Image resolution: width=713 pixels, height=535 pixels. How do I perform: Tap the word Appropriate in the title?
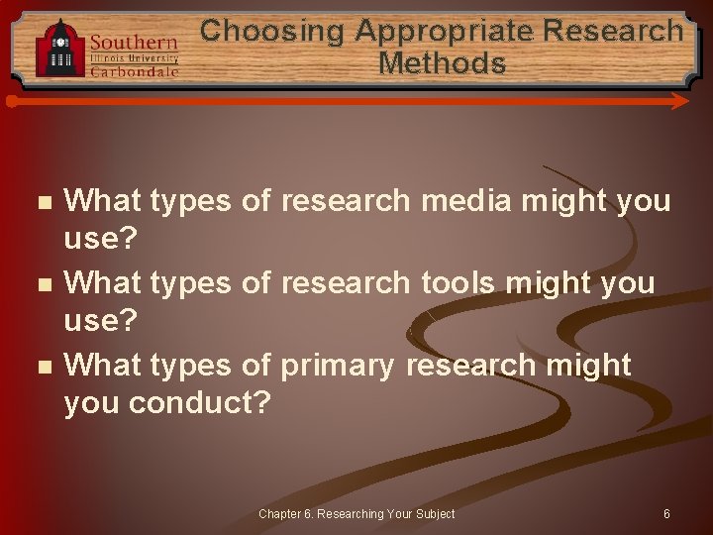coord(448,31)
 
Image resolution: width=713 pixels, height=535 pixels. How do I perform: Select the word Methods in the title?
coord(442,64)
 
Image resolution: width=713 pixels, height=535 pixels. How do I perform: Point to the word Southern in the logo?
coord(134,43)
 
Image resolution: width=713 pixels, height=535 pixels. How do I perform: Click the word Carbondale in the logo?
coord(134,71)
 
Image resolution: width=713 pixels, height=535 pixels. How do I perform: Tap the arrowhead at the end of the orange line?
coord(681,101)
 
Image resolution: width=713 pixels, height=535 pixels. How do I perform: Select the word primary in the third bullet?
coord(338,366)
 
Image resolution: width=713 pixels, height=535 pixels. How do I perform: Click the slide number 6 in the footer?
coord(666,514)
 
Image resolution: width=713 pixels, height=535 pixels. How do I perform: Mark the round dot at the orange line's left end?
coord(11,101)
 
